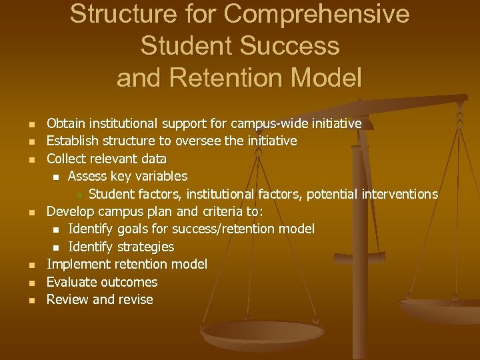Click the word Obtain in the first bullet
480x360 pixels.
65,123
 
